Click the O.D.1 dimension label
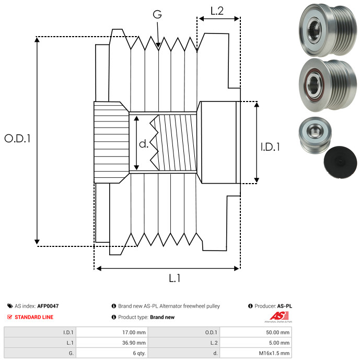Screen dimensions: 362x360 click(x=17, y=139)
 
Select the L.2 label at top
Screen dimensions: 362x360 click(x=217, y=11)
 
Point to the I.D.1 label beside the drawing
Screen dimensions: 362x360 click(x=270, y=148)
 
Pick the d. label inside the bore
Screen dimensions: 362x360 click(x=144, y=144)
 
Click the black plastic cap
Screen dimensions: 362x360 click(x=340, y=160)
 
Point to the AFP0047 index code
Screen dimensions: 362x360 click(x=48, y=306)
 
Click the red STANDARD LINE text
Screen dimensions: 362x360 click(x=33, y=317)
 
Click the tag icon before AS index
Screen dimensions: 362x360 click(x=10, y=306)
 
